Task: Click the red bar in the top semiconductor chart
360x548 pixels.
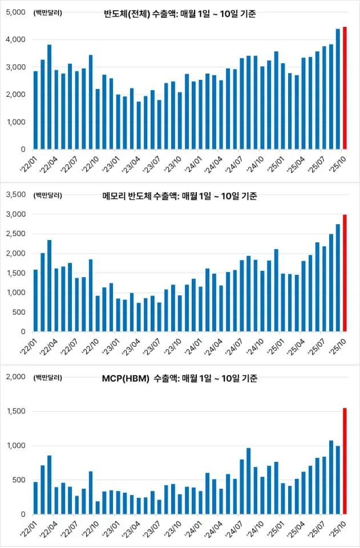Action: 345,88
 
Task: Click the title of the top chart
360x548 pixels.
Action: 180,14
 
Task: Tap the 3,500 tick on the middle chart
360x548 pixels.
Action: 16,195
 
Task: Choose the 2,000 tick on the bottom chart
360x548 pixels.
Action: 16,377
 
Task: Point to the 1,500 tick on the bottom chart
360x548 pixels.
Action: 16,411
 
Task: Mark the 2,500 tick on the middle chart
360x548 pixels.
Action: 16,234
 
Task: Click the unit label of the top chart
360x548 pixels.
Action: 48,13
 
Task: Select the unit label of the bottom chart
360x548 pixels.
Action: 48,377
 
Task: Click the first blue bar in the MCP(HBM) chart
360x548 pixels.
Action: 36,498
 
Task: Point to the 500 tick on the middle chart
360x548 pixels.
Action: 19,312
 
